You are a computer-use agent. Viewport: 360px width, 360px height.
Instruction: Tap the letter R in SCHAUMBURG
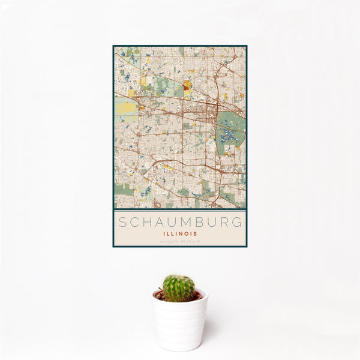[x=228, y=223]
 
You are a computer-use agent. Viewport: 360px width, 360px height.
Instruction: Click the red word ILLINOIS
[x=180, y=234]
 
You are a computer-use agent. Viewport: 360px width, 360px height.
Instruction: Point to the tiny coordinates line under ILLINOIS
[x=180, y=242]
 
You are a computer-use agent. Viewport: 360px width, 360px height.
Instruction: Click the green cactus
[x=179, y=288]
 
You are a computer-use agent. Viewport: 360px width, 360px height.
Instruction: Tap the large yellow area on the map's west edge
[x=125, y=108]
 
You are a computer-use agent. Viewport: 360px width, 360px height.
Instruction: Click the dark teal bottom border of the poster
[x=180, y=246]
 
